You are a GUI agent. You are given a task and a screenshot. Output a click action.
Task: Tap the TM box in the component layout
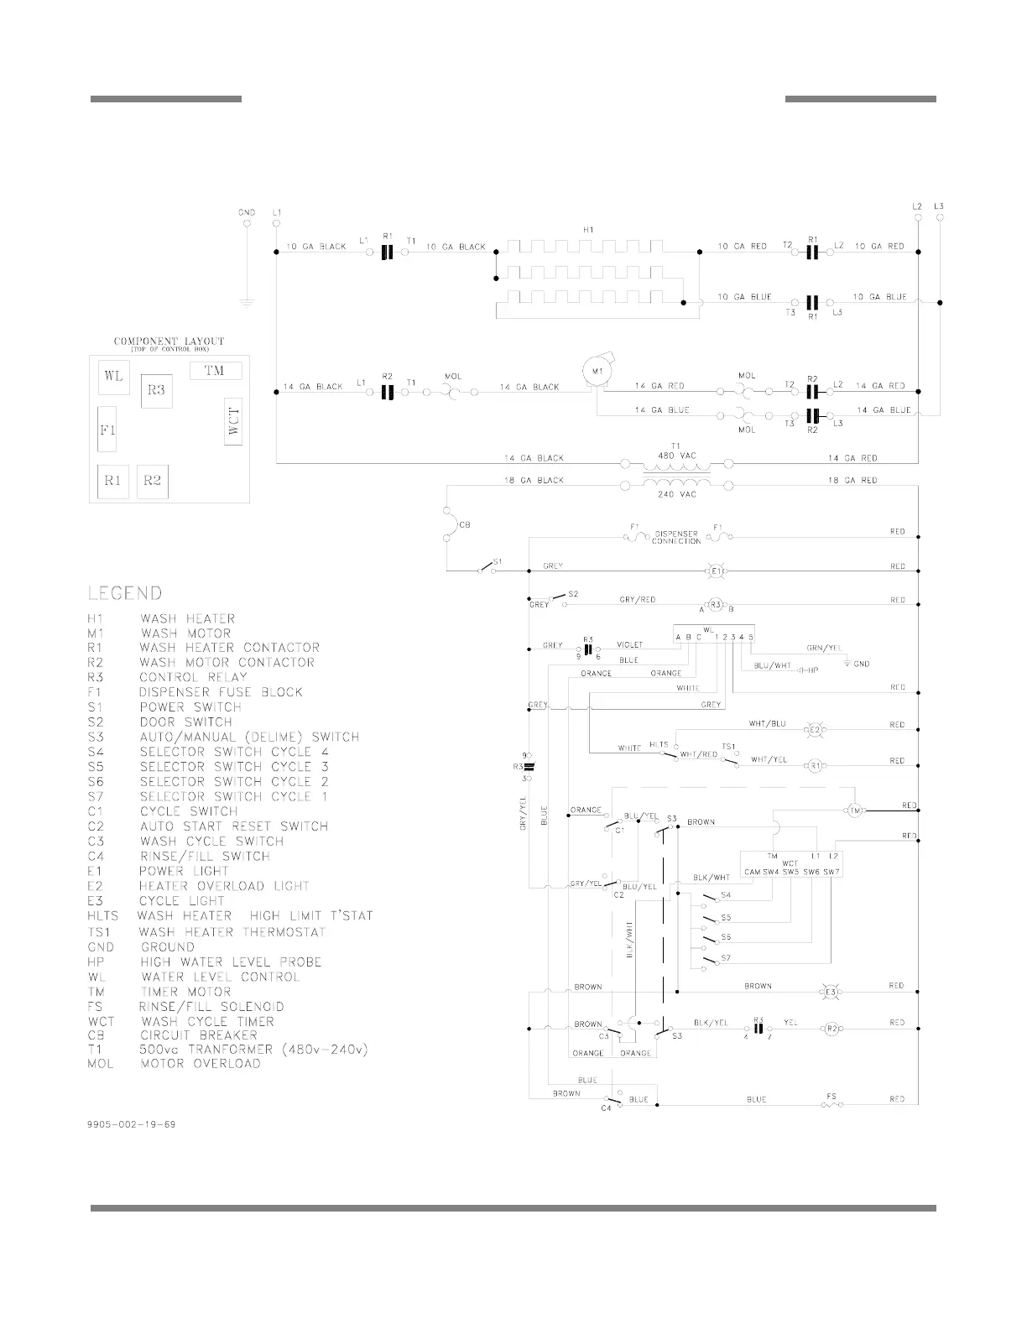215,370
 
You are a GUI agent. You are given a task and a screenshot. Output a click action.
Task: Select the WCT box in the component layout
233,421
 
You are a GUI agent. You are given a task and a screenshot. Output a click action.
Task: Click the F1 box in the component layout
107,429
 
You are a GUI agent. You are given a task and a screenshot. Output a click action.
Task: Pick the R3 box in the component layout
156,390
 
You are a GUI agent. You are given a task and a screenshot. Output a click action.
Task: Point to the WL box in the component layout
113,376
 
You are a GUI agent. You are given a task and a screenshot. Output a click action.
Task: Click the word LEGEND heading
125,593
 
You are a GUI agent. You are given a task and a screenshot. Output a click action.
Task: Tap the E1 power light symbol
716,571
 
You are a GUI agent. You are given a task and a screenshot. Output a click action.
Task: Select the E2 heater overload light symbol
813,729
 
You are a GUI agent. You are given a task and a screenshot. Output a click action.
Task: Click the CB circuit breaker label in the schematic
464,525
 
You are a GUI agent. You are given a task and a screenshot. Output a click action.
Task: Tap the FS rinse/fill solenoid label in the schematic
831,1096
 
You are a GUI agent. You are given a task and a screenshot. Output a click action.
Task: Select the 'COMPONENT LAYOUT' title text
169,341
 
